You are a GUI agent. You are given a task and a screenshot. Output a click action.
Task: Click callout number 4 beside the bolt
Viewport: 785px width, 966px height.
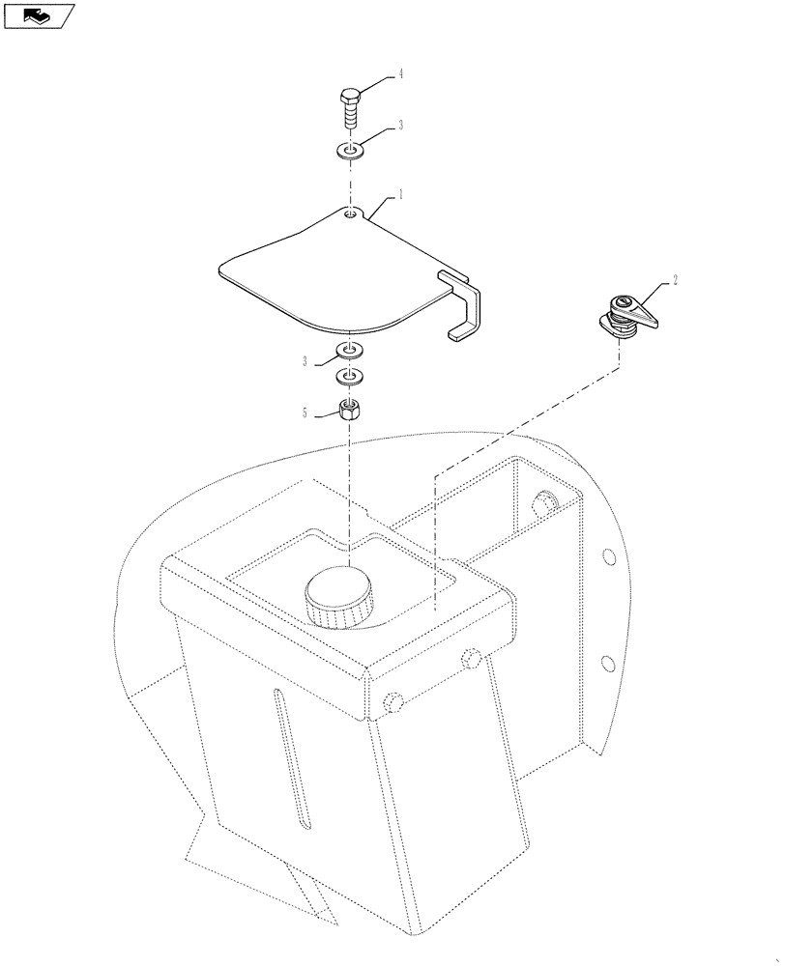tap(397, 73)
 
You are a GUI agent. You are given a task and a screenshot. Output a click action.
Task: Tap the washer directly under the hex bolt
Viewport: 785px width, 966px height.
tap(350, 151)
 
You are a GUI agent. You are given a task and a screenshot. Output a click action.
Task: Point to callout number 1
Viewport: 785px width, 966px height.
tap(399, 195)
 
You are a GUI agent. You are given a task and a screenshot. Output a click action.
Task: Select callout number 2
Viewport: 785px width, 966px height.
tap(675, 280)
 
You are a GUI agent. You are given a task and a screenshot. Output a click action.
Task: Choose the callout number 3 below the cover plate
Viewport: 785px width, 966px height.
tap(305, 361)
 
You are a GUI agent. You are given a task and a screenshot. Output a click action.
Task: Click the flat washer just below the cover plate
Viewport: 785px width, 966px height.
tap(349, 349)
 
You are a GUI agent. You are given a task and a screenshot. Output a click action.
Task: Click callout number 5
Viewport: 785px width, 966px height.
tap(305, 412)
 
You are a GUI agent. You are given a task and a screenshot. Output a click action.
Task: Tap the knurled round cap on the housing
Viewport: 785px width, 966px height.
tap(338, 597)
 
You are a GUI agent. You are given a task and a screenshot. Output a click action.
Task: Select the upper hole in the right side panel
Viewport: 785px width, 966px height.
tap(607, 556)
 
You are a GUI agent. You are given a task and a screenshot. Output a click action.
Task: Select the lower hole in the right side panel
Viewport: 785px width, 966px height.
tap(607, 663)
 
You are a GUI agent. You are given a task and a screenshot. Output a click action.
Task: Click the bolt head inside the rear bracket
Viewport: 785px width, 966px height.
tap(545, 505)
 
